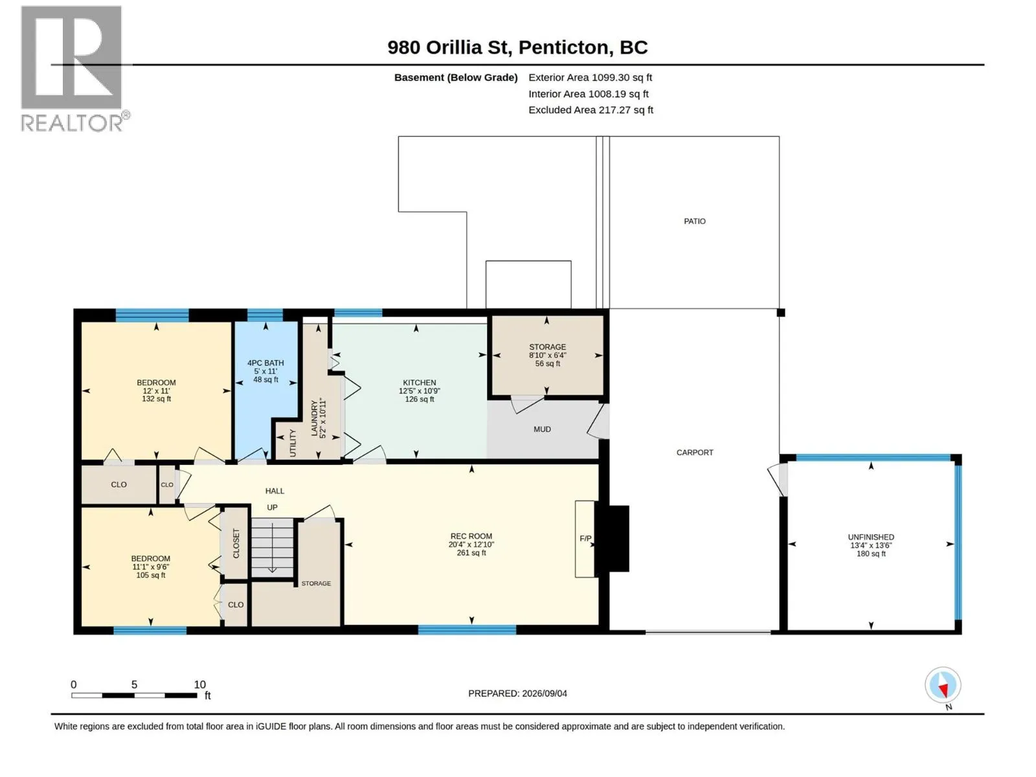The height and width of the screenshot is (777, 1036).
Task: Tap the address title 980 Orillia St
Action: click(x=450, y=47)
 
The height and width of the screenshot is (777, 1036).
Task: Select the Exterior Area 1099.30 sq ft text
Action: click(x=590, y=77)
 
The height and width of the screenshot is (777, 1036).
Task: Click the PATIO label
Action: click(x=694, y=221)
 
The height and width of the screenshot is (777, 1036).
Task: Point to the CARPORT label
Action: click(x=694, y=453)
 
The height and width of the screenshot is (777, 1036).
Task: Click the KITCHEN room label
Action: click(x=419, y=383)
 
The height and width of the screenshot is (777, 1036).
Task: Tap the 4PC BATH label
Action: click(x=265, y=363)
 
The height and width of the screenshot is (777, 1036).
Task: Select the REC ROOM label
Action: click(x=471, y=536)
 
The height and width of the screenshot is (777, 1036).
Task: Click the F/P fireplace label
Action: click(x=585, y=539)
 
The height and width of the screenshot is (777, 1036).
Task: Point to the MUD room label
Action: click(x=542, y=429)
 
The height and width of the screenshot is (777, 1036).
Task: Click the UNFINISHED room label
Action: click(x=871, y=537)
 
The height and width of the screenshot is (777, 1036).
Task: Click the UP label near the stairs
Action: click(x=272, y=507)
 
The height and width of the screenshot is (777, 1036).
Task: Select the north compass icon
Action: click(x=943, y=685)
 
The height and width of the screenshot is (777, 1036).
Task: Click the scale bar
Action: click(x=134, y=695)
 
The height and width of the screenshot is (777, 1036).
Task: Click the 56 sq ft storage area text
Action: click(x=548, y=364)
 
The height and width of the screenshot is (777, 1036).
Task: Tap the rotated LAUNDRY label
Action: click(x=314, y=418)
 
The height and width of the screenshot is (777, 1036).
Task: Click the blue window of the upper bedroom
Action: click(x=152, y=315)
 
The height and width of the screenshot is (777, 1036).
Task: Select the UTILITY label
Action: click(x=292, y=442)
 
